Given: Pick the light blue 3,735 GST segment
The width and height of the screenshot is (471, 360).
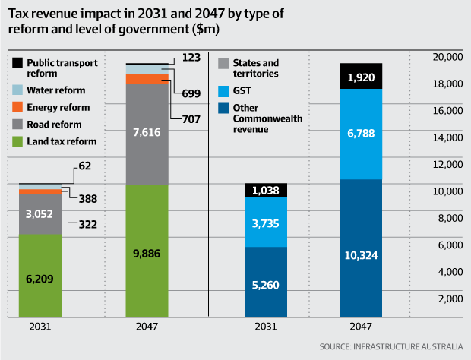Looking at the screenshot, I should (266, 223).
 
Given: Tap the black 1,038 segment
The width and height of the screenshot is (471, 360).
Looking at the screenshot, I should (266, 191).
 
